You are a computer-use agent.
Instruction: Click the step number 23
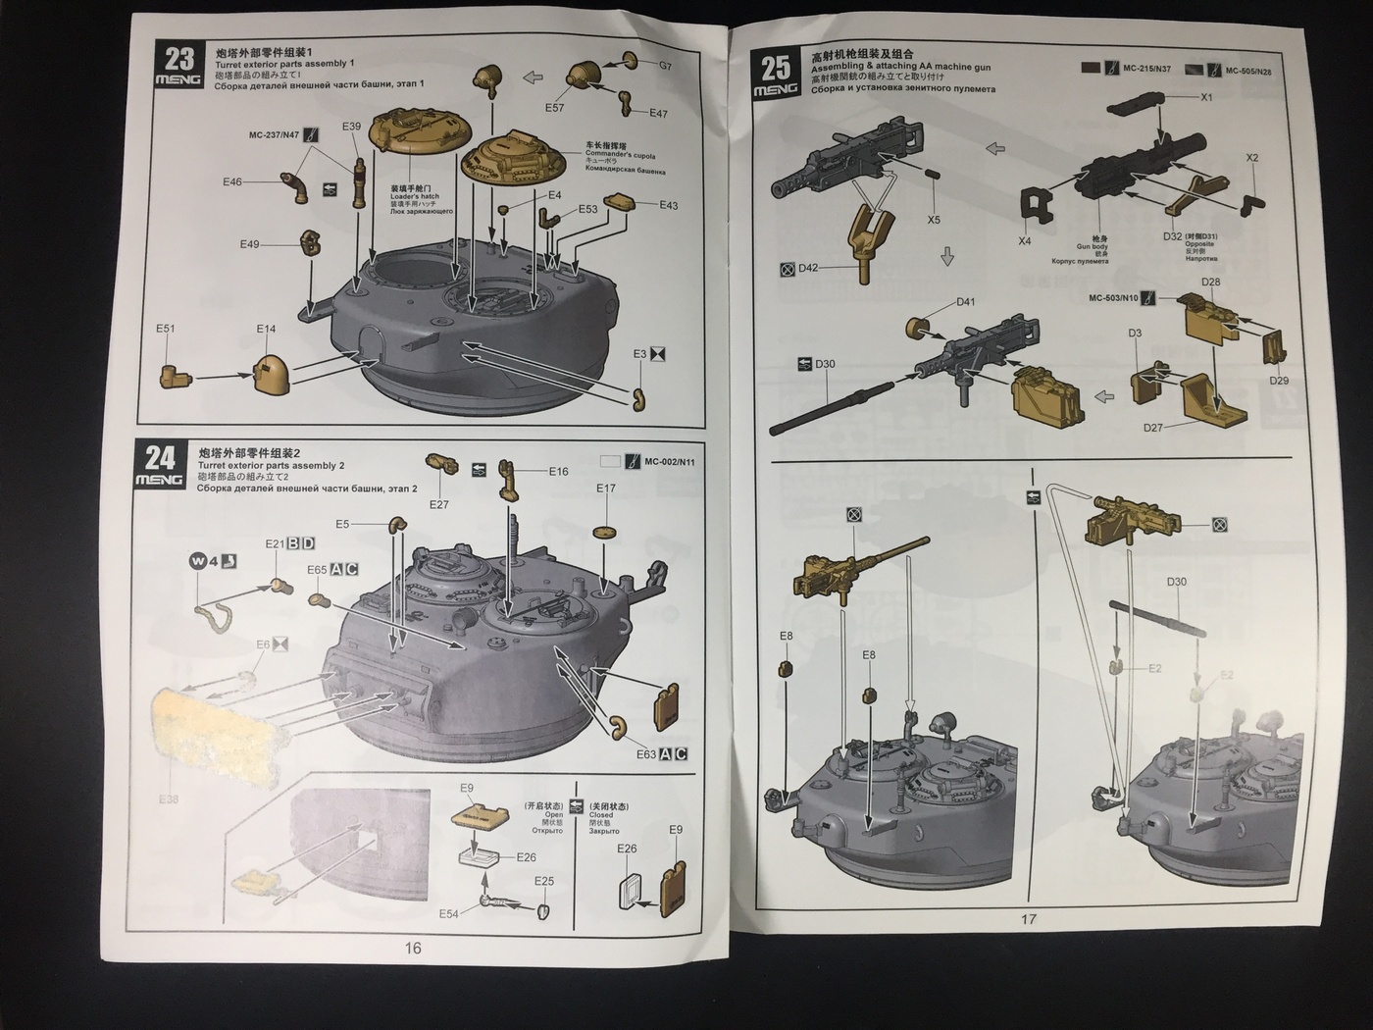(x=180, y=57)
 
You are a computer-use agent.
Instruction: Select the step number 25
(x=775, y=67)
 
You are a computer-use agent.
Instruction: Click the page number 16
(x=413, y=948)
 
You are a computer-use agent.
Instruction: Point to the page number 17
(x=1028, y=919)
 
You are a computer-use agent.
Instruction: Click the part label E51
(x=165, y=329)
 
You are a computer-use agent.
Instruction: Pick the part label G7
(x=665, y=66)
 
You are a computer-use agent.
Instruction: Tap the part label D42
(x=808, y=268)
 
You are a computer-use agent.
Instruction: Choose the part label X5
(x=934, y=220)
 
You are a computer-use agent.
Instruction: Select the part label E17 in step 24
(x=606, y=489)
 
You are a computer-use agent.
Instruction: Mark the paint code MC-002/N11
(x=670, y=461)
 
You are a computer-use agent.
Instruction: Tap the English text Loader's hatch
(x=415, y=196)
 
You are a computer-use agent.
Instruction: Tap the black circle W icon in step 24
(x=198, y=561)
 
